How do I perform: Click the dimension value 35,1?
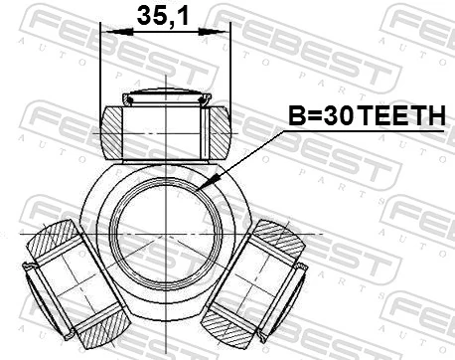coord(165,16)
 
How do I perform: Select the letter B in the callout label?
coord(296,118)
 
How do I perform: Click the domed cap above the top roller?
coord(165,97)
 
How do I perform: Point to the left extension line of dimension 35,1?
coord(102,70)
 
